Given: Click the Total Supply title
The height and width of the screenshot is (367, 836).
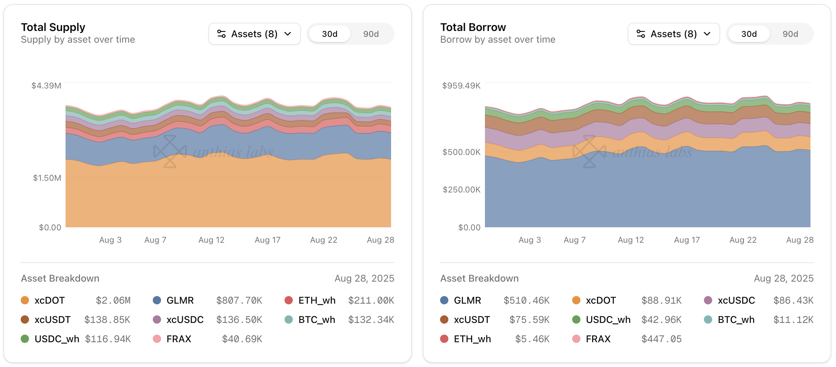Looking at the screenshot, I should [53, 27].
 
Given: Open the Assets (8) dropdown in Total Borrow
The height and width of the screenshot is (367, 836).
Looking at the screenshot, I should [673, 34].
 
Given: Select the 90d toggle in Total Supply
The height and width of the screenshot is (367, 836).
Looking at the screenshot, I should [371, 34].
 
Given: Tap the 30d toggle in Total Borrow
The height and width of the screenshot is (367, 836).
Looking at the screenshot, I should [749, 34].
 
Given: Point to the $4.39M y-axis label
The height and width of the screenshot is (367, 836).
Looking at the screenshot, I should [46, 86].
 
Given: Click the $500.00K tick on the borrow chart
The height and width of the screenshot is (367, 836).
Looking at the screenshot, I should [461, 152].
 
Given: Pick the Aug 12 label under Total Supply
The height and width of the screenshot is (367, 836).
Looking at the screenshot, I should [211, 240].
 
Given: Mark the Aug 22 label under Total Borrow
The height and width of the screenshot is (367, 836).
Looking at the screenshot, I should [743, 240].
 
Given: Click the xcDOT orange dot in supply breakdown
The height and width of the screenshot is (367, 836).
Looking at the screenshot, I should [25, 300].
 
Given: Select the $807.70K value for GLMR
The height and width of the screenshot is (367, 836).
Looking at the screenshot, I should [239, 301].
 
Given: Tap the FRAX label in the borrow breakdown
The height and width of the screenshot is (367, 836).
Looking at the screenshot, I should [598, 339].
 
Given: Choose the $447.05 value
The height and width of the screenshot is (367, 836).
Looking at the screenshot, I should [661, 339].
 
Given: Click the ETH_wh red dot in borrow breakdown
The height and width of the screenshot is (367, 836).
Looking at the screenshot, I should [444, 339].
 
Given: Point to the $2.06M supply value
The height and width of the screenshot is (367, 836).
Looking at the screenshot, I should [113, 301].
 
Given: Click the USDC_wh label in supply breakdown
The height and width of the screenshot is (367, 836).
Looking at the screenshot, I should [57, 339].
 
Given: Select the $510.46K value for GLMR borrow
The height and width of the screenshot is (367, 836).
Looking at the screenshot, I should [526, 301].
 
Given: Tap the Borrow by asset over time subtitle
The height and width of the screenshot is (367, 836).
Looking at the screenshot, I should [497, 40].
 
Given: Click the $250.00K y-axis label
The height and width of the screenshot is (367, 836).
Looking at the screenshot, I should [461, 190].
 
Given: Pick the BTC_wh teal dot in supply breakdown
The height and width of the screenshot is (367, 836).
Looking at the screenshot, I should [289, 319].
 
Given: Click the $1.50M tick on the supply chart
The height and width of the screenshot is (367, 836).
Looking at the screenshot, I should [47, 178].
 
